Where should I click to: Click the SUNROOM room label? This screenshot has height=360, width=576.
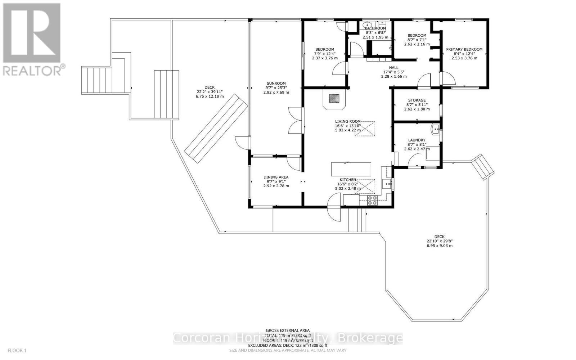click(276, 84)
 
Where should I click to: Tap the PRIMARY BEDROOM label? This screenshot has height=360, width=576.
click(464, 49)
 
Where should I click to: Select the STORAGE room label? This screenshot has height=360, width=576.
click(417, 100)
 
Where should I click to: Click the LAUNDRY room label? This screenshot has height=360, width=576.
click(417, 140)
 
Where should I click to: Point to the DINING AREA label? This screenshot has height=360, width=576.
click(276, 177)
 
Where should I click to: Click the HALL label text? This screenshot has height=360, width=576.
click(393, 68)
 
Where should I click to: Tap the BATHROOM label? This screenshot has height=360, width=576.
click(375, 28)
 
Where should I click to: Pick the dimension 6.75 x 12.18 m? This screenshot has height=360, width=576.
click(210, 96)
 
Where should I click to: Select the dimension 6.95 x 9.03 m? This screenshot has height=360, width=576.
click(439, 246)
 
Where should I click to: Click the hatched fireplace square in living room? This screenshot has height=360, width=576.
click(334, 98)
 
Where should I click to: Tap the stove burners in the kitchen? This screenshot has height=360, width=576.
click(372, 200)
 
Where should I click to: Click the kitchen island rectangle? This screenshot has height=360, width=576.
click(351, 169)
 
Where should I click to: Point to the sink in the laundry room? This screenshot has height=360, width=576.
click(436, 129)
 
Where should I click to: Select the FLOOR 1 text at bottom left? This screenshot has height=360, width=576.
click(17, 350)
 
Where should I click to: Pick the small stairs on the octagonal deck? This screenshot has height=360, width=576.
click(482, 166)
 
